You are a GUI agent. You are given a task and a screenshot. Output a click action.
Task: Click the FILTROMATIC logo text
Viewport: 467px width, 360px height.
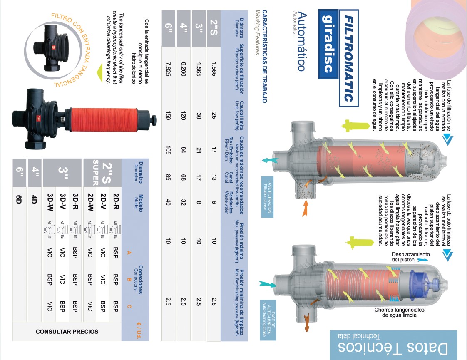click(x=349, y=58)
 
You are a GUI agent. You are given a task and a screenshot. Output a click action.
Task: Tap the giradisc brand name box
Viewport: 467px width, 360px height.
click(x=328, y=44)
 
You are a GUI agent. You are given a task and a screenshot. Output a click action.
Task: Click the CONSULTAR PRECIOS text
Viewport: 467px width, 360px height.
click(x=67, y=332)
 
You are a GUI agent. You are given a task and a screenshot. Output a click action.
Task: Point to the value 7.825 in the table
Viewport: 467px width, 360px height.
click(x=168, y=69)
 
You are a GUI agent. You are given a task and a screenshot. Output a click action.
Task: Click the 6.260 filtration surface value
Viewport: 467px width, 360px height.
click(x=184, y=69)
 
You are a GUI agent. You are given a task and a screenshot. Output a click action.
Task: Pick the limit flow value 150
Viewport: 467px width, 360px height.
click(x=168, y=116)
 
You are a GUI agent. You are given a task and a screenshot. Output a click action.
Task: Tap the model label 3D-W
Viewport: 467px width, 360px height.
click(x=50, y=202)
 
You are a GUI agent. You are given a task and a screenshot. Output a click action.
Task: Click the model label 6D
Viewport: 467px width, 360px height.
click(x=19, y=199)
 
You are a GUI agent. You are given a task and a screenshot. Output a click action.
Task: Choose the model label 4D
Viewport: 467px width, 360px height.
click(x=34, y=199)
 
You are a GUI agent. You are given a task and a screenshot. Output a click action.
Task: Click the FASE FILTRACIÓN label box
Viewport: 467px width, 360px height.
click(x=267, y=197)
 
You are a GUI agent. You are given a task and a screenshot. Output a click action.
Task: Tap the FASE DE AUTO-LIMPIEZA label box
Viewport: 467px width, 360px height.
click(x=268, y=320)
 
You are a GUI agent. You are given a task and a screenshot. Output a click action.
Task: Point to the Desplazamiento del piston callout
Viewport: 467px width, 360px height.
click(x=411, y=257)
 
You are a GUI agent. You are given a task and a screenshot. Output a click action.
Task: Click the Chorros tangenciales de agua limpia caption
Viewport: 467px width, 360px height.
click(x=400, y=313)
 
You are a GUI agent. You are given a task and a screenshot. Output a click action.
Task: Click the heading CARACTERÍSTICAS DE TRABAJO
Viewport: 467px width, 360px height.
click(x=265, y=57)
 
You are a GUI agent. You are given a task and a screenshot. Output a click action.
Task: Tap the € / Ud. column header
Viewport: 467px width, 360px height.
click(x=139, y=330)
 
